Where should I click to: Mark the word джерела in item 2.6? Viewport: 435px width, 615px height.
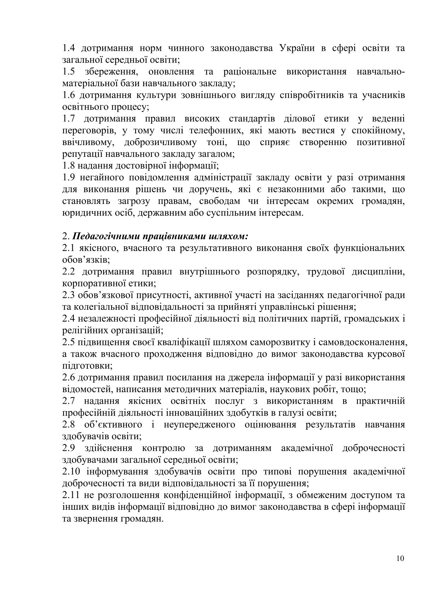(x=208, y=377)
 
